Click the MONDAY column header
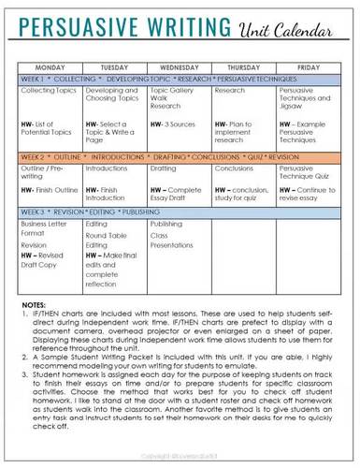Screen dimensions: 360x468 pos(50,67)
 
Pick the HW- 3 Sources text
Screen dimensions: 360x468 pos(171,124)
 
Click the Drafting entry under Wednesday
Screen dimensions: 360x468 pos(163,168)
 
